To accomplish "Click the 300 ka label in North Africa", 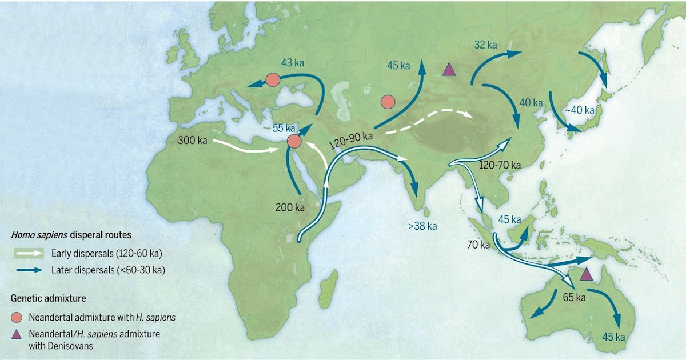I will click(x=189, y=139).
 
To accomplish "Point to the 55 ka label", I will click(x=283, y=128).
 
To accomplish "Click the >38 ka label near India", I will click(x=422, y=226).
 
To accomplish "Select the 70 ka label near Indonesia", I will click(x=477, y=245).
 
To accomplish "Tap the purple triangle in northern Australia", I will click(x=586, y=274).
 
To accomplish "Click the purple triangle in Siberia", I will click(x=449, y=70).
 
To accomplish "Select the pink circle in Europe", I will click(x=273, y=79).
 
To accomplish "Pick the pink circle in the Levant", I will click(x=294, y=141).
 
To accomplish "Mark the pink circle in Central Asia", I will click(x=388, y=102).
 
